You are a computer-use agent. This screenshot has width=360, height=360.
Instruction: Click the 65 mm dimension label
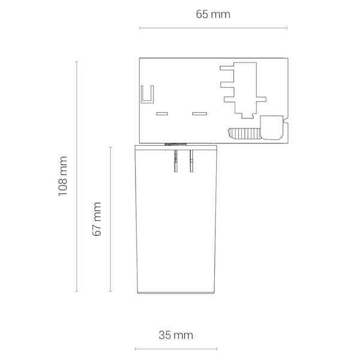point(213,14)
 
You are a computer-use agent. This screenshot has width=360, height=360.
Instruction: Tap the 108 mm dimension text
point(62,176)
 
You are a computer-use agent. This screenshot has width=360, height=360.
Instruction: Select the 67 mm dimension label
point(97,219)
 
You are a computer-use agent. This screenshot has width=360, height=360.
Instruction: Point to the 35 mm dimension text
point(176,335)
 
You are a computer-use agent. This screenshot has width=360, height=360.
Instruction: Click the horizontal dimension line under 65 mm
point(213,28)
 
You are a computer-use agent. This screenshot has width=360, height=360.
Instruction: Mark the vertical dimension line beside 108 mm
point(77,176)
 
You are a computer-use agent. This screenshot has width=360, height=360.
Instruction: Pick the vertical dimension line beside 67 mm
point(110,219)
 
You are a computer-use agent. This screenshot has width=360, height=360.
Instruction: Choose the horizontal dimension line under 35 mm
point(176,349)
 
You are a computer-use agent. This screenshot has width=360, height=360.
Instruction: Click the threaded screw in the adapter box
point(244,134)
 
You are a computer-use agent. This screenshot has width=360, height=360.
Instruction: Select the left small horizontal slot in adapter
point(162,113)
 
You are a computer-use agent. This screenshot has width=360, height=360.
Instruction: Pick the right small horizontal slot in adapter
point(200,113)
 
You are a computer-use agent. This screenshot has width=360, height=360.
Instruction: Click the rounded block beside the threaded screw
point(272,127)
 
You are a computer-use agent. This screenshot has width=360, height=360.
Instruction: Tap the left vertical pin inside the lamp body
point(176,161)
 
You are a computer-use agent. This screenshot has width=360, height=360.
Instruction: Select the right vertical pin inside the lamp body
point(191,161)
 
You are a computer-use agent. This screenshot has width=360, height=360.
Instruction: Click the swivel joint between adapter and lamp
point(176,144)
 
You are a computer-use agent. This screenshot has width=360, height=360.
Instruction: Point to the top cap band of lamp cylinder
point(176,147)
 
